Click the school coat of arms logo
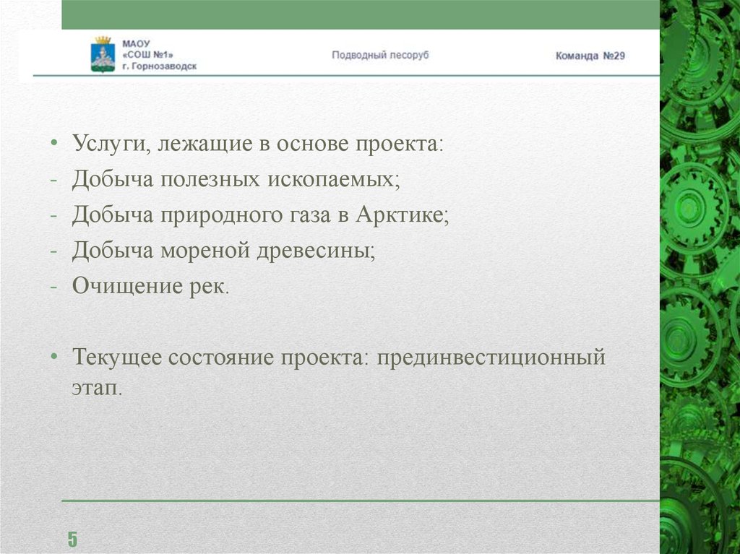pyautogui.click(x=103, y=54)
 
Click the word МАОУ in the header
pyautogui.click(x=136, y=44)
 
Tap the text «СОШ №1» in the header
pyautogui.click(x=147, y=55)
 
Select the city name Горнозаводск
pyautogui.click(x=164, y=66)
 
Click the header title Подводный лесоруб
pyautogui.click(x=380, y=55)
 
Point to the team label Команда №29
pyautogui.click(x=590, y=56)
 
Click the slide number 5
pyautogui.click(x=72, y=539)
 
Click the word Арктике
pyautogui.click(x=402, y=215)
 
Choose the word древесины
pyautogui.click(x=316, y=251)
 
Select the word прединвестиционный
pyautogui.click(x=491, y=358)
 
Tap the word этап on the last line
pyautogui.click(x=96, y=389)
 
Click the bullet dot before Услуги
pyautogui.click(x=55, y=142)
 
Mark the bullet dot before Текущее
pyautogui.click(x=55, y=356)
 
